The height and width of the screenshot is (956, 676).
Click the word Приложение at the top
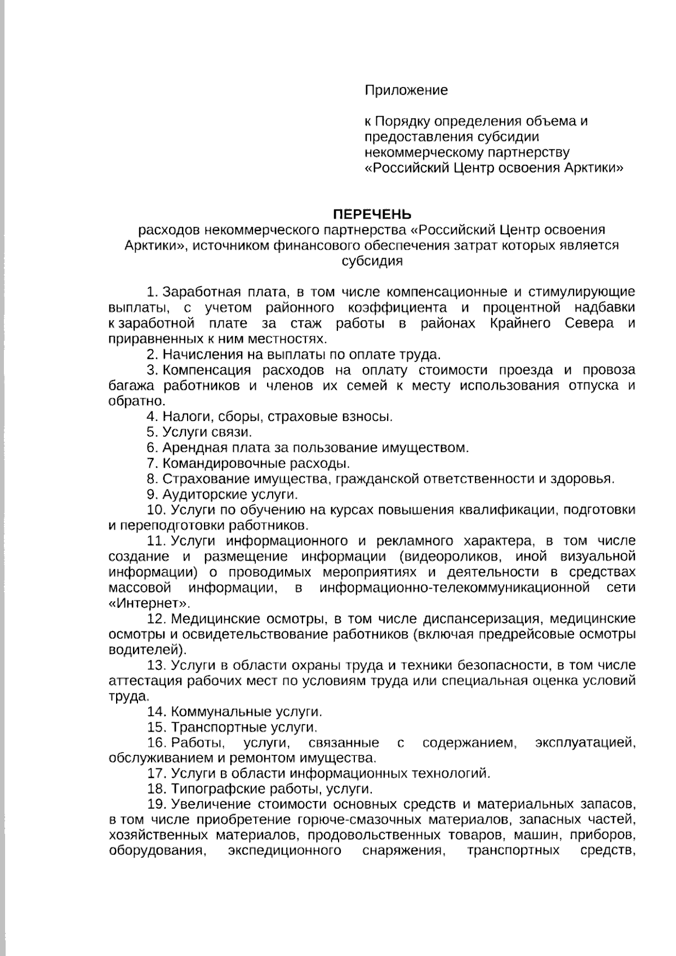pyautogui.click(x=406, y=90)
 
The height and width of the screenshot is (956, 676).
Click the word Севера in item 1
pyautogui.click(x=590, y=324)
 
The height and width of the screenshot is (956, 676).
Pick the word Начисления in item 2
pyautogui.click(x=197, y=354)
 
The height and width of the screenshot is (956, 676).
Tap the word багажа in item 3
pyautogui.click(x=131, y=386)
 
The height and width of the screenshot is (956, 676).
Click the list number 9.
pyautogui.click(x=152, y=495)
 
